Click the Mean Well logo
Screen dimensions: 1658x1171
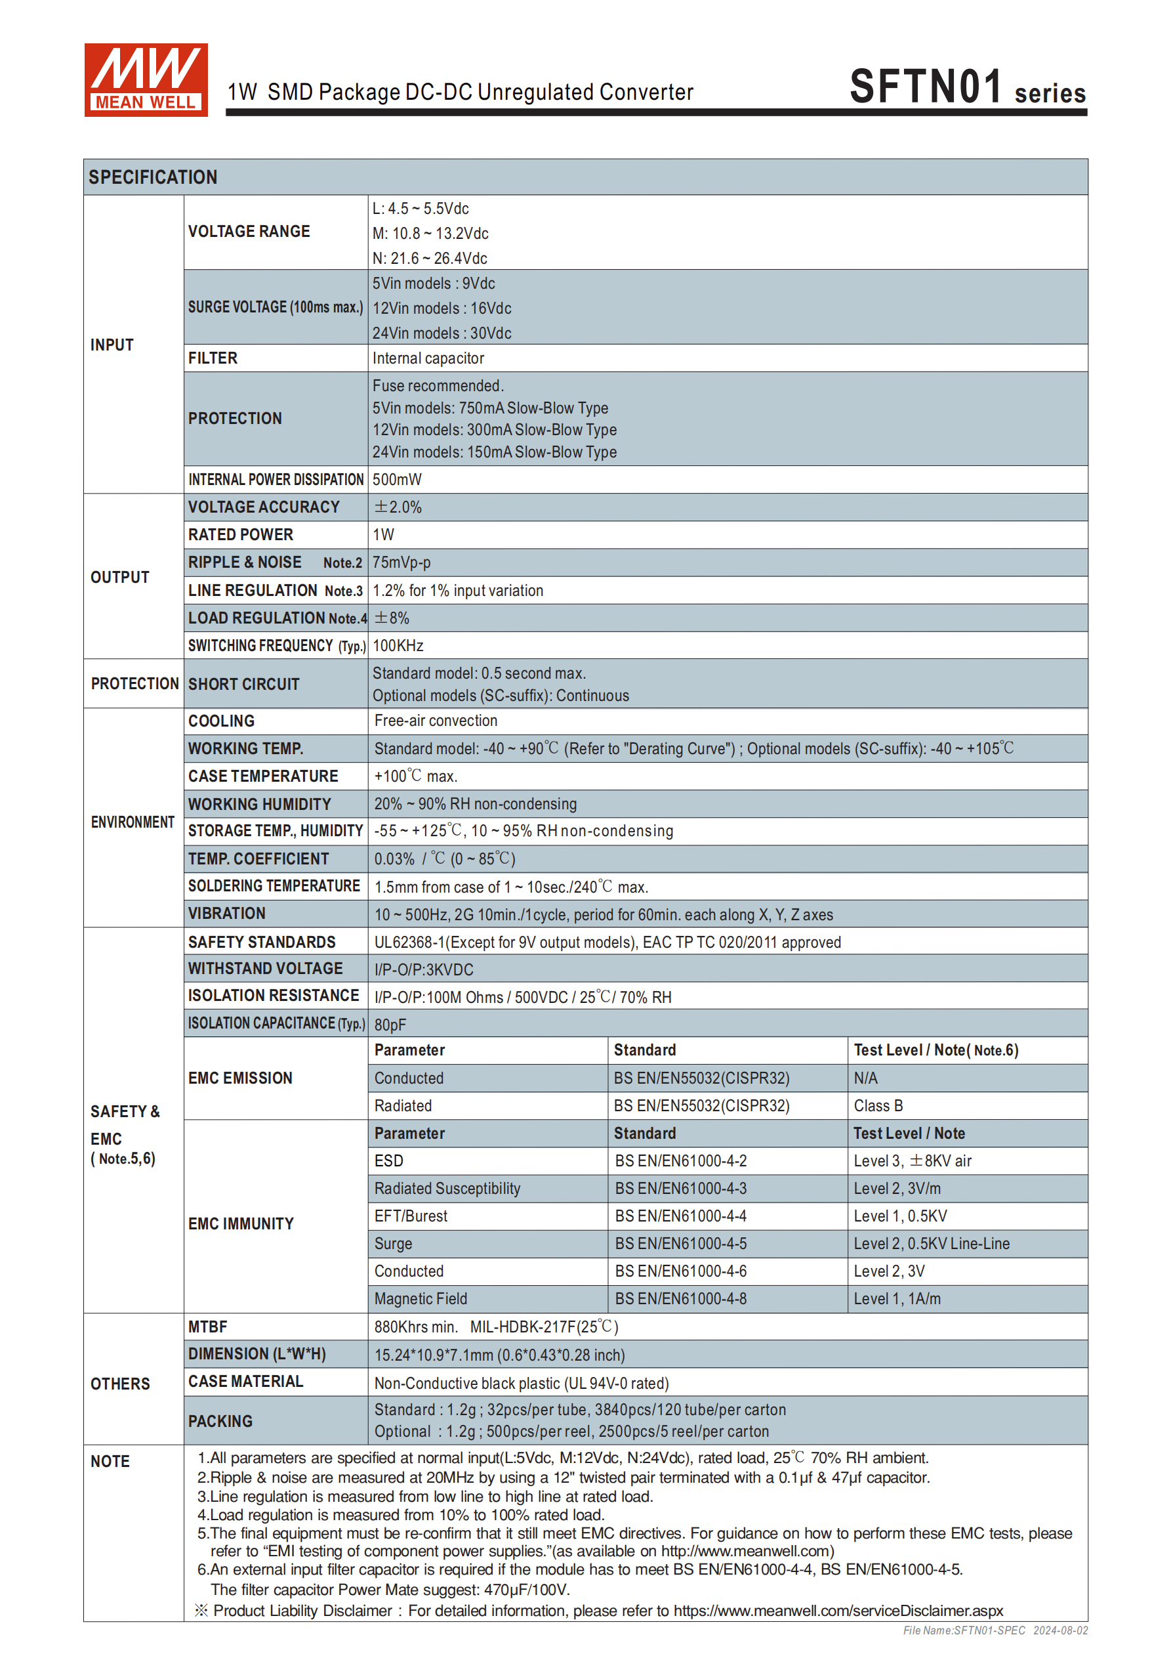coord(146,79)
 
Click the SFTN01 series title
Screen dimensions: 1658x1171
coord(967,87)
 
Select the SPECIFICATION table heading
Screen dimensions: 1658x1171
coord(153,177)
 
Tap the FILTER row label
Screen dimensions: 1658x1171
coord(213,358)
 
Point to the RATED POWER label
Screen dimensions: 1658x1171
coord(240,534)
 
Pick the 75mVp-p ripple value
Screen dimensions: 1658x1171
coord(401,563)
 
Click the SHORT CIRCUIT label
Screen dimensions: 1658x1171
coord(243,684)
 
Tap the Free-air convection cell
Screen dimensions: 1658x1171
coord(436,721)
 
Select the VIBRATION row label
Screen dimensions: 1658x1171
coord(227,914)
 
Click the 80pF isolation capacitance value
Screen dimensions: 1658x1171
coord(390,1025)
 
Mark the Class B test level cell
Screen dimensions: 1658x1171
coord(878,1105)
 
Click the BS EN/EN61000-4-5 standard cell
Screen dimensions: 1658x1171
coord(680,1243)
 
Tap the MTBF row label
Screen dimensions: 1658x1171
coord(208,1327)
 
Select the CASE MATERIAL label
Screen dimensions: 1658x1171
coord(245,1382)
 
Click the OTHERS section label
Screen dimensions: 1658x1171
coord(120,1384)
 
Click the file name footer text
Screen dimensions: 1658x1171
coord(995,1630)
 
